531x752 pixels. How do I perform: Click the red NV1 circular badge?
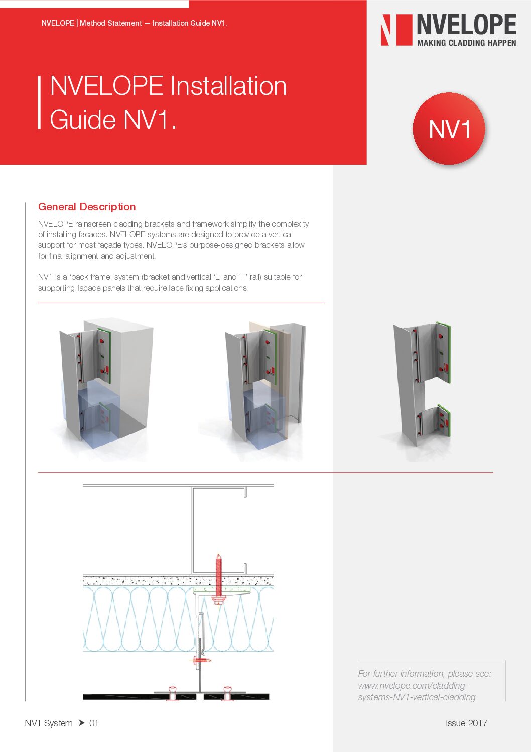pos(449,129)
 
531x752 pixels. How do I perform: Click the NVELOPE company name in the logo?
pos(466,25)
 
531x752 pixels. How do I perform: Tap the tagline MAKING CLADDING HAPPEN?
pos(466,43)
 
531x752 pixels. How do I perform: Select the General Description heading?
pos(87,207)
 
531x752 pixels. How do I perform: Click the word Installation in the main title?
pos(228,86)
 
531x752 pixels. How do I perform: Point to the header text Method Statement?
pos(111,23)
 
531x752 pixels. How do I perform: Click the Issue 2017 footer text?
pos(466,723)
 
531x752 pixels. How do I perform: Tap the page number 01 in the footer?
pos(94,723)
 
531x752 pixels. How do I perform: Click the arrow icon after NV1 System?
pos(81,723)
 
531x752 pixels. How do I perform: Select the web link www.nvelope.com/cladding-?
pos(413,686)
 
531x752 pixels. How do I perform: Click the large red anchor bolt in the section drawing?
pos(218,578)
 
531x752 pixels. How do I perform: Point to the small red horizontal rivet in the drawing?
pos(202,660)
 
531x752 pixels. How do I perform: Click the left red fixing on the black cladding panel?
pos(173,693)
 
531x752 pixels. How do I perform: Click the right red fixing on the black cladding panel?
pos(227,693)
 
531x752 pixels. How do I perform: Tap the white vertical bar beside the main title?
pos(39,102)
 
